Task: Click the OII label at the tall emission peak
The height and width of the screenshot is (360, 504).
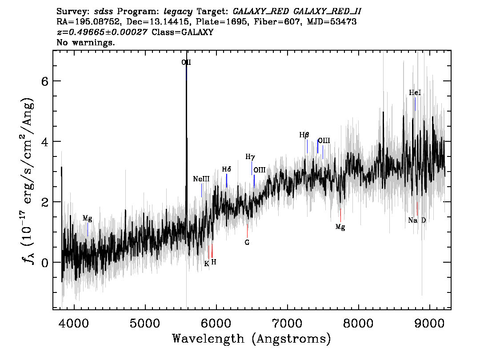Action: [x=186, y=62]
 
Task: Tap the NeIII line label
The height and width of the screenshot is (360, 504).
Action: [x=201, y=179]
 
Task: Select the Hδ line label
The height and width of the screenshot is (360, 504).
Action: [x=227, y=169]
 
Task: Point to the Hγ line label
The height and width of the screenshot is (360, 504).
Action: [x=250, y=157]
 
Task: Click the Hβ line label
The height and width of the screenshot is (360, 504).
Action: [x=304, y=135]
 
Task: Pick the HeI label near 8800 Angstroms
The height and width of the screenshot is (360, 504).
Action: [x=415, y=92]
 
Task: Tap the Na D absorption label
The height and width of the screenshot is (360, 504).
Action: [x=417, y=220]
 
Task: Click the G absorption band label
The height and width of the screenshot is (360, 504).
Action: [x=247, y=242]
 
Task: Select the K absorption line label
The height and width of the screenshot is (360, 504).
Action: [x=206, y=264]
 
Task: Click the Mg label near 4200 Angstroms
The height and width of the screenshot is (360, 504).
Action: [x=88, y=219]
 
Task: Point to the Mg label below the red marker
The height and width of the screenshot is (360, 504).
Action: [x=340, y=227]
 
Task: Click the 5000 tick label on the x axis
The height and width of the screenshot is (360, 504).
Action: [x=145, y=323]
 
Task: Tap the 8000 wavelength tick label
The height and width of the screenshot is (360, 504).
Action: [x=358, y=323]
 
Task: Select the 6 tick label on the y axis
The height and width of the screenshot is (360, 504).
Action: [x=45, y=81]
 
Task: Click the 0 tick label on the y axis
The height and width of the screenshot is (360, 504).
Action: [x=45, y=263]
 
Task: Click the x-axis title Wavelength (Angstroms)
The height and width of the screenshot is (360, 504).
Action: [x=252, y=339]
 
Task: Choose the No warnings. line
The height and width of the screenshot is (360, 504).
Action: [x=85, y=42]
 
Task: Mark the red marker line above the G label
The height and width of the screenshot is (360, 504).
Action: [x=247, y=231]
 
